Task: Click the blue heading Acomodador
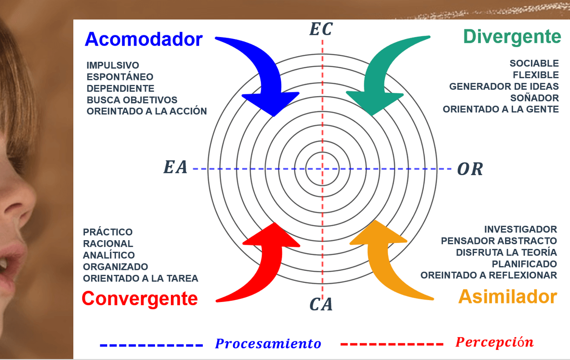143,39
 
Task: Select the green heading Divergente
512,36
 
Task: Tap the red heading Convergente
140,298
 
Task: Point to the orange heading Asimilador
508,296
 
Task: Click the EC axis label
321,30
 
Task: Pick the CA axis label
321,305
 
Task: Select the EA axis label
175,168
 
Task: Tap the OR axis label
470,169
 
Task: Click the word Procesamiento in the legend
268,344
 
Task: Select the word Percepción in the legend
494,342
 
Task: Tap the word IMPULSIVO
113,65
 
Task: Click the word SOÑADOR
534,98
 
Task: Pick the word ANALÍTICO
109,255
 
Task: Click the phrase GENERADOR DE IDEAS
504,86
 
